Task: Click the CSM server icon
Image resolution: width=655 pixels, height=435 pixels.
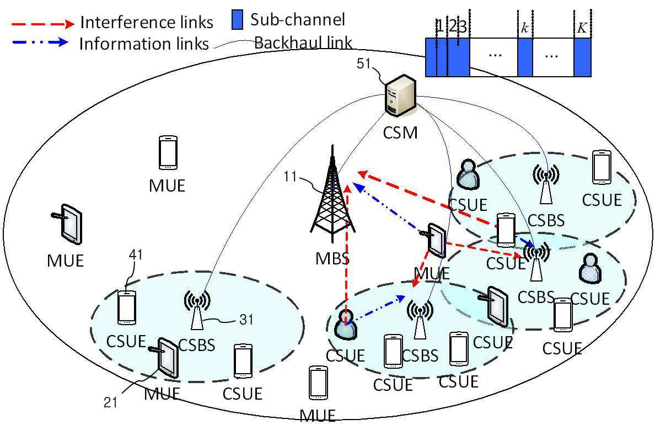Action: click(400, 96)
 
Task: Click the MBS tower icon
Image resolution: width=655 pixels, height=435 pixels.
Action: click(332, 194)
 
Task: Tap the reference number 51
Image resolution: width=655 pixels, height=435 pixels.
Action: click(363, 63)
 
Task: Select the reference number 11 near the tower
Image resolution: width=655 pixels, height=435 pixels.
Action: click(291, 177)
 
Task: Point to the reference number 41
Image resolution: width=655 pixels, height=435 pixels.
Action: click(136, 254)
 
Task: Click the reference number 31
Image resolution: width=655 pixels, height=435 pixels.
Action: click(246, 320)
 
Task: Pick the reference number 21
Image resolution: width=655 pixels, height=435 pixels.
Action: click(110, 402)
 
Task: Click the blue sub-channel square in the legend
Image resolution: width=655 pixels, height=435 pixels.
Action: click(237, 20)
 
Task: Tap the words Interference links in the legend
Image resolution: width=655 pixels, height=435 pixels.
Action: click(147, 23)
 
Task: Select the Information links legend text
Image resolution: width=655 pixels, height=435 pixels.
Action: click(144, 44)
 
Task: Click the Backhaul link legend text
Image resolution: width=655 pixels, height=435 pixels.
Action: click(303, 43)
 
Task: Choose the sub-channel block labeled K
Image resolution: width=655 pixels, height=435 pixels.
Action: click(582, 57)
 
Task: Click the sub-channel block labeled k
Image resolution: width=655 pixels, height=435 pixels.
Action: click(525, 57)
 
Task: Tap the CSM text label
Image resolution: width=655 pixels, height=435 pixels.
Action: click(400, 132)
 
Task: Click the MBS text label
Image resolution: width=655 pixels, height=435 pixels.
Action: click(332, 258)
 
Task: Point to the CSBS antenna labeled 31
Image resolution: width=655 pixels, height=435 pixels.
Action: click(197, 310)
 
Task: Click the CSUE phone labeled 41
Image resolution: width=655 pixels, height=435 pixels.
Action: click(127, 308)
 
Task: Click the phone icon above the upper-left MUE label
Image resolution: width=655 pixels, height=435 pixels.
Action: click(168, 152)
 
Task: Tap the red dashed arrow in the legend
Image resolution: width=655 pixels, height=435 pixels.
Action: click(43, 24)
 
